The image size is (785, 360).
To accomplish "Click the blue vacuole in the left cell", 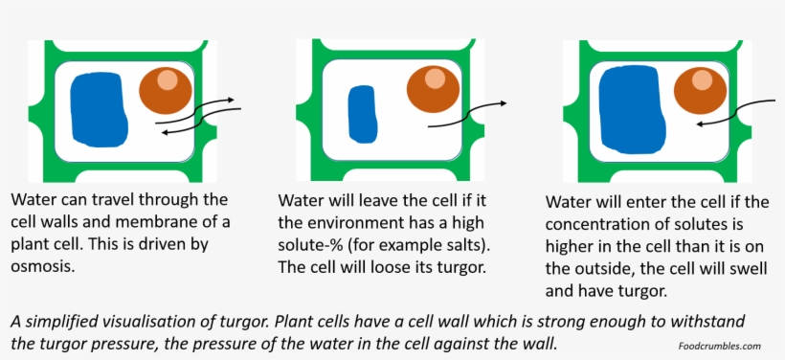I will click(x=99, y=110).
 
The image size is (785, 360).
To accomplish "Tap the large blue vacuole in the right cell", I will click(x=631, y=112).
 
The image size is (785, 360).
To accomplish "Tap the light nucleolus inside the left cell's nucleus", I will click(x=168, y=80).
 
